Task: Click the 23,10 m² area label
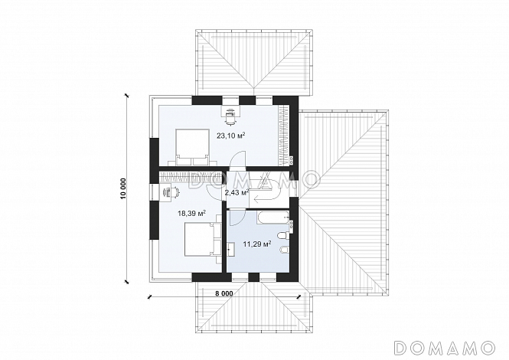point(231,136)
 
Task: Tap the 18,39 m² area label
point(192,213)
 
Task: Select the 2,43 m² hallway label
point(237,192)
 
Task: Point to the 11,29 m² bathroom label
point(257,244)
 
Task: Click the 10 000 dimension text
point(123,188)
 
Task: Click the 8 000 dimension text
point(224,293)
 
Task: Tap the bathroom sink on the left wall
point(232,250)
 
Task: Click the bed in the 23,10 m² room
point(192,147)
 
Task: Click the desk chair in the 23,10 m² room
point(230,116)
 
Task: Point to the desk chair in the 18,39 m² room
point(173,191)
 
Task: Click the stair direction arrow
point(266,197)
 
